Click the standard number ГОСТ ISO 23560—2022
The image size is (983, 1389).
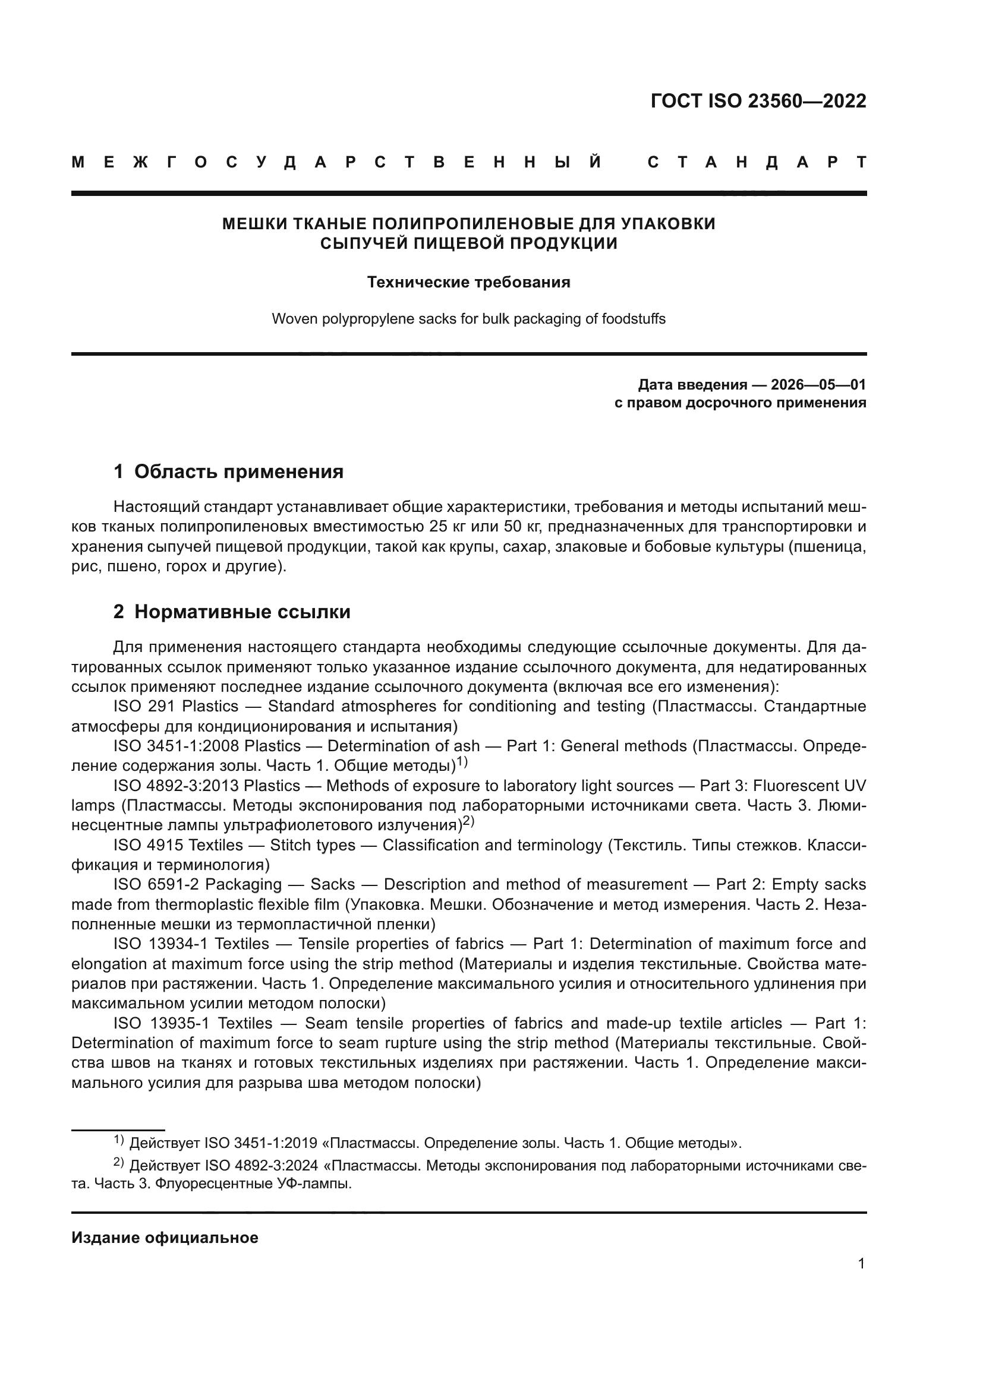(758, 101)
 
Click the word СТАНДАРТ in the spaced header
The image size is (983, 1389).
(756, 163)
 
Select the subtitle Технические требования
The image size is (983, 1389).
(468, 283)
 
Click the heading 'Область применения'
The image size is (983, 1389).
(238, 472)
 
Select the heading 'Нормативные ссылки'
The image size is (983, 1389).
(242, 612)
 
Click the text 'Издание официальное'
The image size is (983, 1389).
(165, 1238)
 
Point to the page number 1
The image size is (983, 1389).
(861, 1263)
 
